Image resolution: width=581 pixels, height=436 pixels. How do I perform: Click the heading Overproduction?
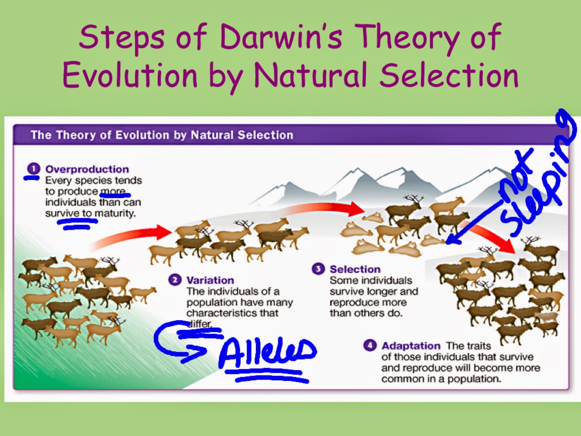click(x=87, y=169)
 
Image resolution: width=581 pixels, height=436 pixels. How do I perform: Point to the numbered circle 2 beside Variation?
click(x=175, y=280)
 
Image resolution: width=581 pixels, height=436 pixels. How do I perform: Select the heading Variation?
click(x=210, y=280)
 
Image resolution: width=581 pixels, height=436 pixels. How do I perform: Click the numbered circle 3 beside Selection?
click(x=318, y=269)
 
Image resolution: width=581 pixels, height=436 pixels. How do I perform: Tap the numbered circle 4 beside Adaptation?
click(x=370, y=345)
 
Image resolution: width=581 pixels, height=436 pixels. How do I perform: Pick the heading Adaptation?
click(x=411, y=346)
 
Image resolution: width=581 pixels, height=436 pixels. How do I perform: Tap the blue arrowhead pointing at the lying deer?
click(x=450, y=240)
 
